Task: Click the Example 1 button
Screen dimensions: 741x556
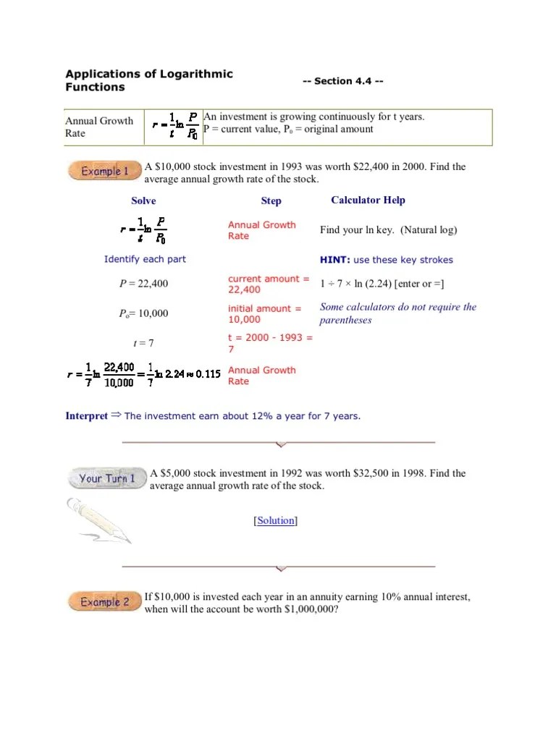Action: pos(104,172)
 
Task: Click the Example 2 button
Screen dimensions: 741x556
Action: pos(104,602)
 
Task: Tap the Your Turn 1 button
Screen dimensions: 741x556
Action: pos(106,478)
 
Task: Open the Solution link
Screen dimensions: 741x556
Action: pos(275,520)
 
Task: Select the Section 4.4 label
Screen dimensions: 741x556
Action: pos(342,81)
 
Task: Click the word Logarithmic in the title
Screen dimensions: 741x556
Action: pos(199,75)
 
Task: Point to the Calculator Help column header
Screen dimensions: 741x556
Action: pos(368,200)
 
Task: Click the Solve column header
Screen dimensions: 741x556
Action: pos(143,201)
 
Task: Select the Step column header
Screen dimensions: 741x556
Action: pos(271,201)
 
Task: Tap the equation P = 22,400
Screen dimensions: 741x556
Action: pos(143,284)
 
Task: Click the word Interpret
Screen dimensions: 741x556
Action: pos(86,416)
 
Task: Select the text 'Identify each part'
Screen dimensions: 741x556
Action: pos(145,260)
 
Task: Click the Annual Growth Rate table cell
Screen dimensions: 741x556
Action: pos(99,127)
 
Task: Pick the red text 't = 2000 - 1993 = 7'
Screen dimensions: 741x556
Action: pos(269,343)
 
